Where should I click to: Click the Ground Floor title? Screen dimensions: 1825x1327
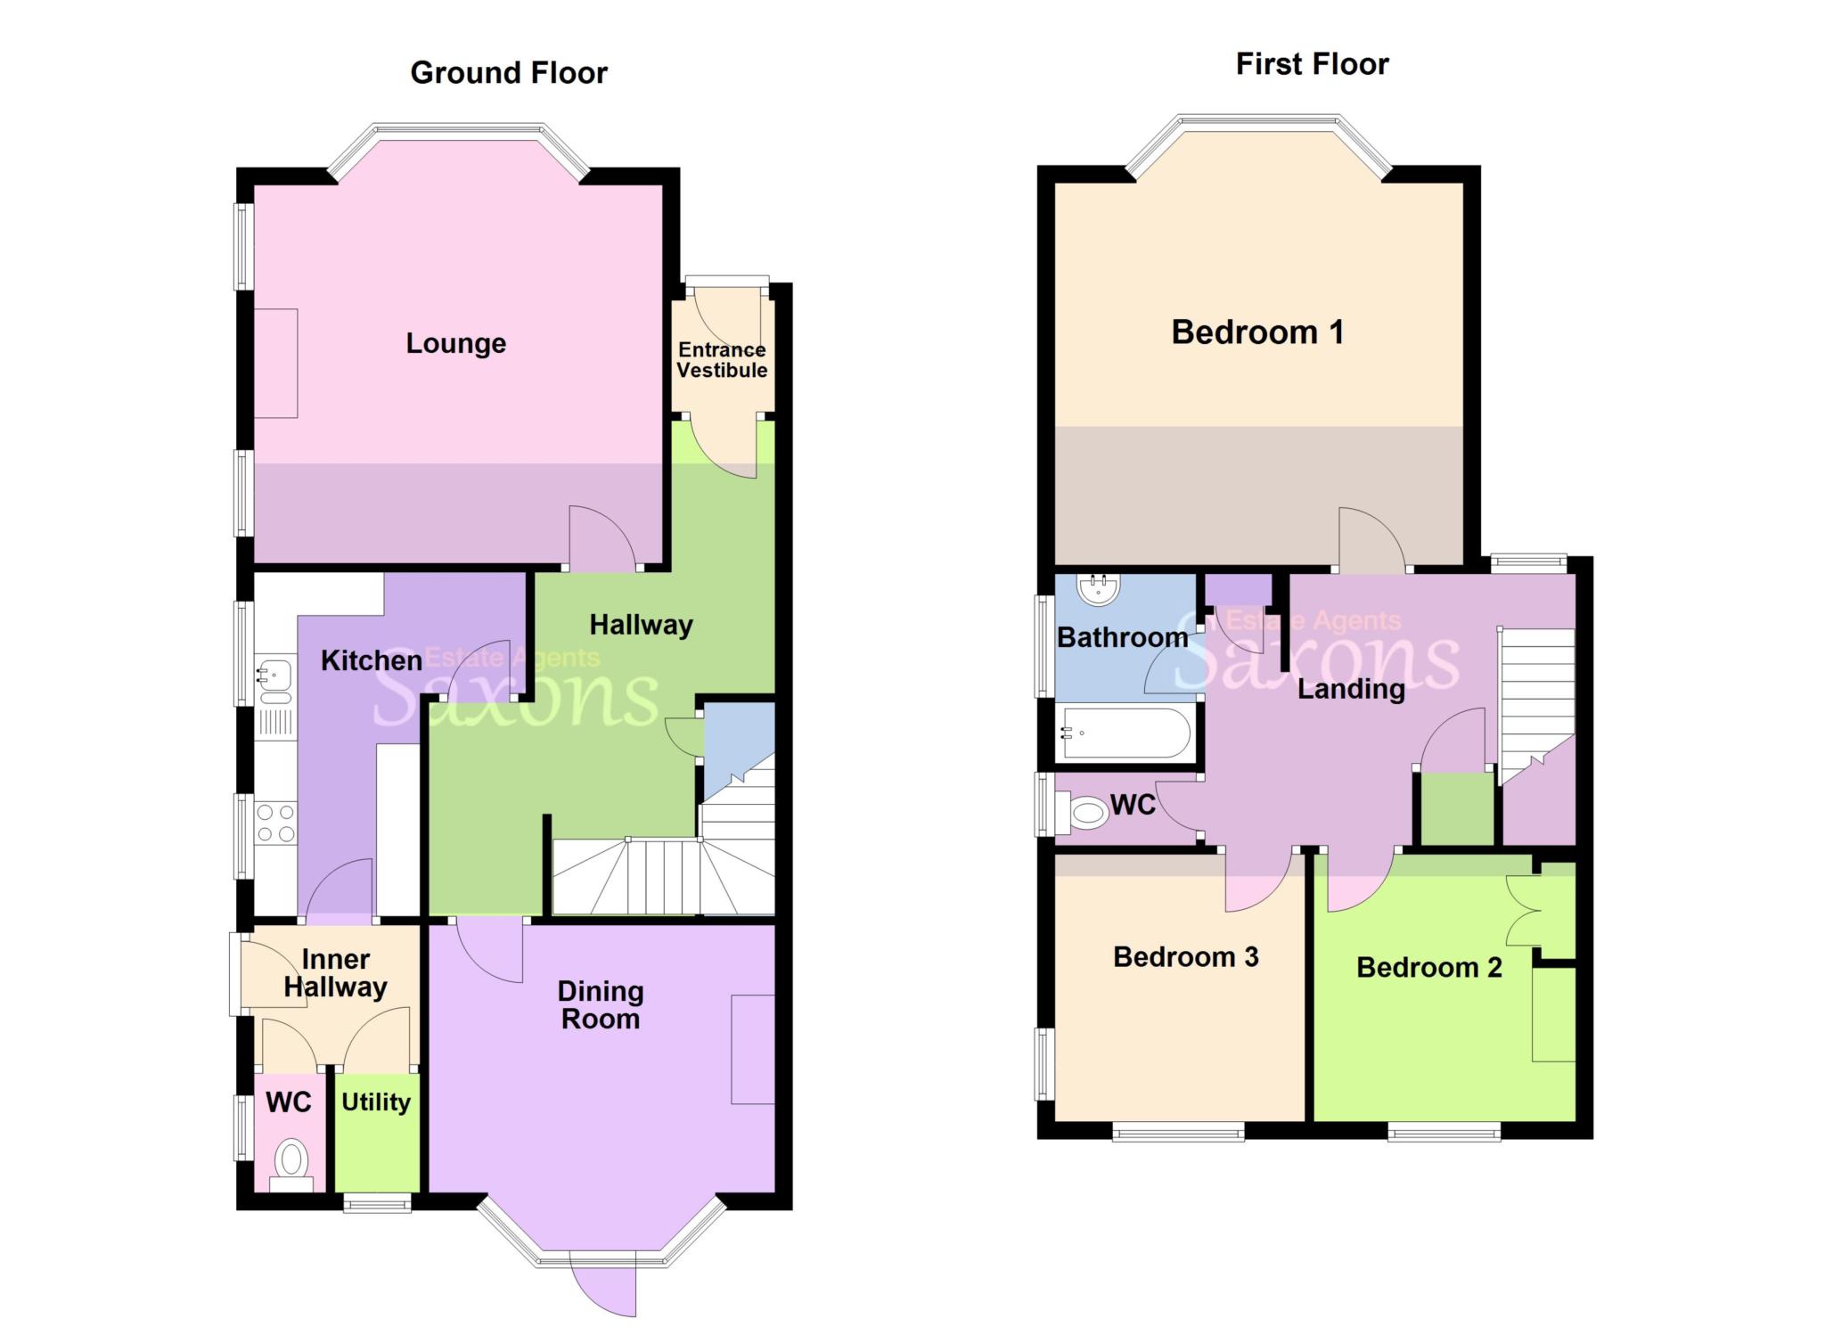509,72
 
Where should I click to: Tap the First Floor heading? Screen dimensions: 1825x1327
1312,64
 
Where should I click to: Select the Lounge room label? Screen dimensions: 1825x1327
456,343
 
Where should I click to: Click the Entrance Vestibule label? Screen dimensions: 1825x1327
722,360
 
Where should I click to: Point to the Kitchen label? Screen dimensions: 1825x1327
372,660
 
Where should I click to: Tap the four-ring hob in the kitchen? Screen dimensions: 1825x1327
275,823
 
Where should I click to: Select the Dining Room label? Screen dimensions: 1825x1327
601,1004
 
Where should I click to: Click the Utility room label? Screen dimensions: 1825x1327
376,1102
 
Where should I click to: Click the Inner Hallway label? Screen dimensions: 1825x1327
336,973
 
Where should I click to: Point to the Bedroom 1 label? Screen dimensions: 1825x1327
1257,332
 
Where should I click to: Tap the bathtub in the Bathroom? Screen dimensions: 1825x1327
1125,733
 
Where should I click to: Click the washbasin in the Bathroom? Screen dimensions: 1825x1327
1099,587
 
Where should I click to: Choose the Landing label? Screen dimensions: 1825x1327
1351,689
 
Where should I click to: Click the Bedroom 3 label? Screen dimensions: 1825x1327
1186,957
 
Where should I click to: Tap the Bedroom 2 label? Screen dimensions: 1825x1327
1429,968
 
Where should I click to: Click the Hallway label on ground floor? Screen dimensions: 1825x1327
642,625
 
